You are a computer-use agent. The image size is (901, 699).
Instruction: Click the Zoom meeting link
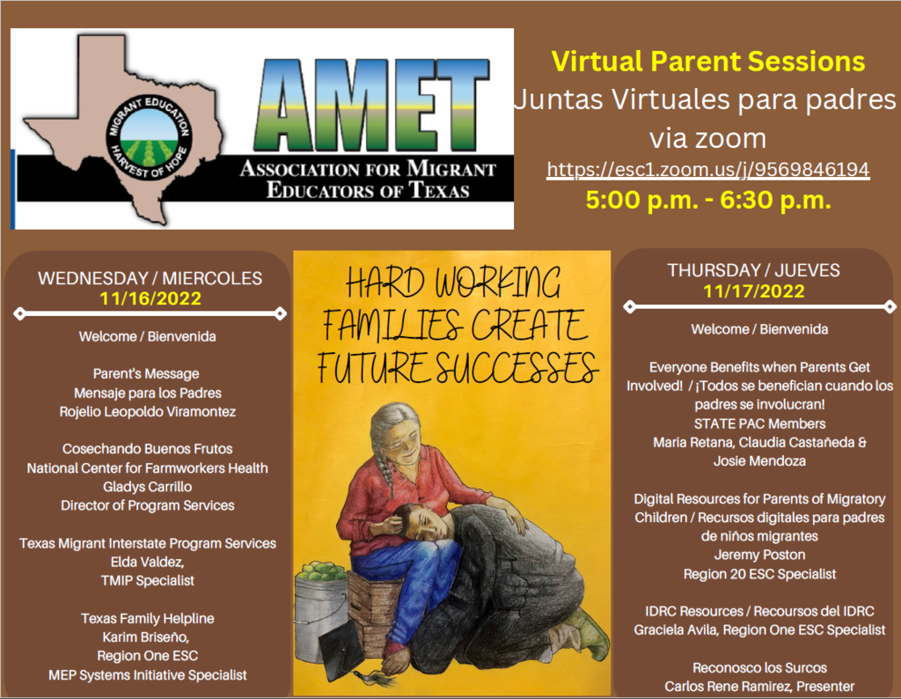708,170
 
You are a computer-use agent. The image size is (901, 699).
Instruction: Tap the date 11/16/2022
150,298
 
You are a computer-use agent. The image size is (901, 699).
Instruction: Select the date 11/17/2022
754,291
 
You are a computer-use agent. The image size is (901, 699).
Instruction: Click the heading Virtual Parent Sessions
708,61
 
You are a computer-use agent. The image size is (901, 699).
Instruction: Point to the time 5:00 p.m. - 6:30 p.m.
708,200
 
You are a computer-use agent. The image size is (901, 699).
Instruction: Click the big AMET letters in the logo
372,105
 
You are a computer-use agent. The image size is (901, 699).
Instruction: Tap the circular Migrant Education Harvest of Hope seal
149,136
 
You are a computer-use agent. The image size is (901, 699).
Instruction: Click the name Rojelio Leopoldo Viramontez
148,412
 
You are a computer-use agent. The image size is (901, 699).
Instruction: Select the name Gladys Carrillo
148,486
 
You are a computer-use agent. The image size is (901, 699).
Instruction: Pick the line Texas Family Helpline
148,619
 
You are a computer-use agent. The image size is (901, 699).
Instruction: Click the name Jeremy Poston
759,555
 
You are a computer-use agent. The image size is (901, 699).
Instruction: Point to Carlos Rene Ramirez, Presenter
759,687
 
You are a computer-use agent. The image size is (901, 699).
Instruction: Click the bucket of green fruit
322,610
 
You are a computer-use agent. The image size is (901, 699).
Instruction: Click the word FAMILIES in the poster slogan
392,325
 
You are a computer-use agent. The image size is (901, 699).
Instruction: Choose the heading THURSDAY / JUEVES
753,270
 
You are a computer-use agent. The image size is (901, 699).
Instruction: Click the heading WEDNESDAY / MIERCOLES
150,278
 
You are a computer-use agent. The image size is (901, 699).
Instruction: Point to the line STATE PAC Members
759,423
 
